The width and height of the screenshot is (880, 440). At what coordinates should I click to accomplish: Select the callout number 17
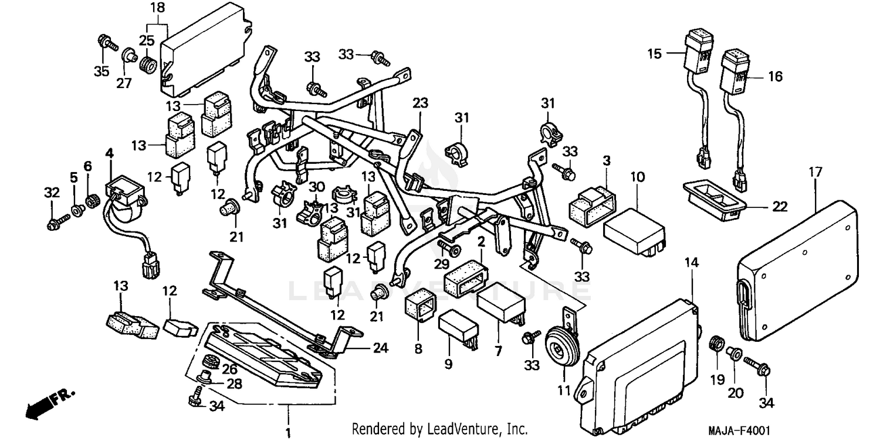(815, 172)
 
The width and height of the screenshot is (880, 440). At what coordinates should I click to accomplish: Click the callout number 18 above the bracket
(158, 8)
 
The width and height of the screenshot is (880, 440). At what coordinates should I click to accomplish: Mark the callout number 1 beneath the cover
(288, 433)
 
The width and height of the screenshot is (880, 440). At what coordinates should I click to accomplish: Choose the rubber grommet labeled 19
(716, 343)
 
